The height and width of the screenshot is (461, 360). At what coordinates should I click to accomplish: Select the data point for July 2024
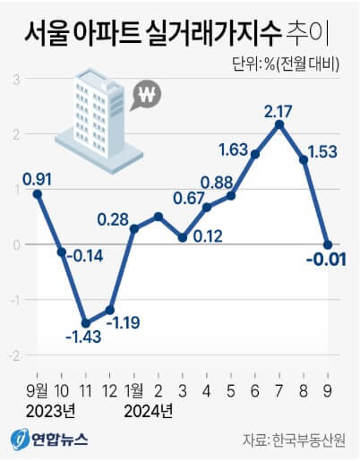point(280,124)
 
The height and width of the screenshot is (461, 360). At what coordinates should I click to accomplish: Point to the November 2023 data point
point(86,323)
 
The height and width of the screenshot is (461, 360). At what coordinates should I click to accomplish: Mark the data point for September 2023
point(38,193)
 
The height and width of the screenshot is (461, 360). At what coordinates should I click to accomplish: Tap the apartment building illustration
point(91,112)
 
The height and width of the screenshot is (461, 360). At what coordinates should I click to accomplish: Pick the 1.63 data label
point(236,147)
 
